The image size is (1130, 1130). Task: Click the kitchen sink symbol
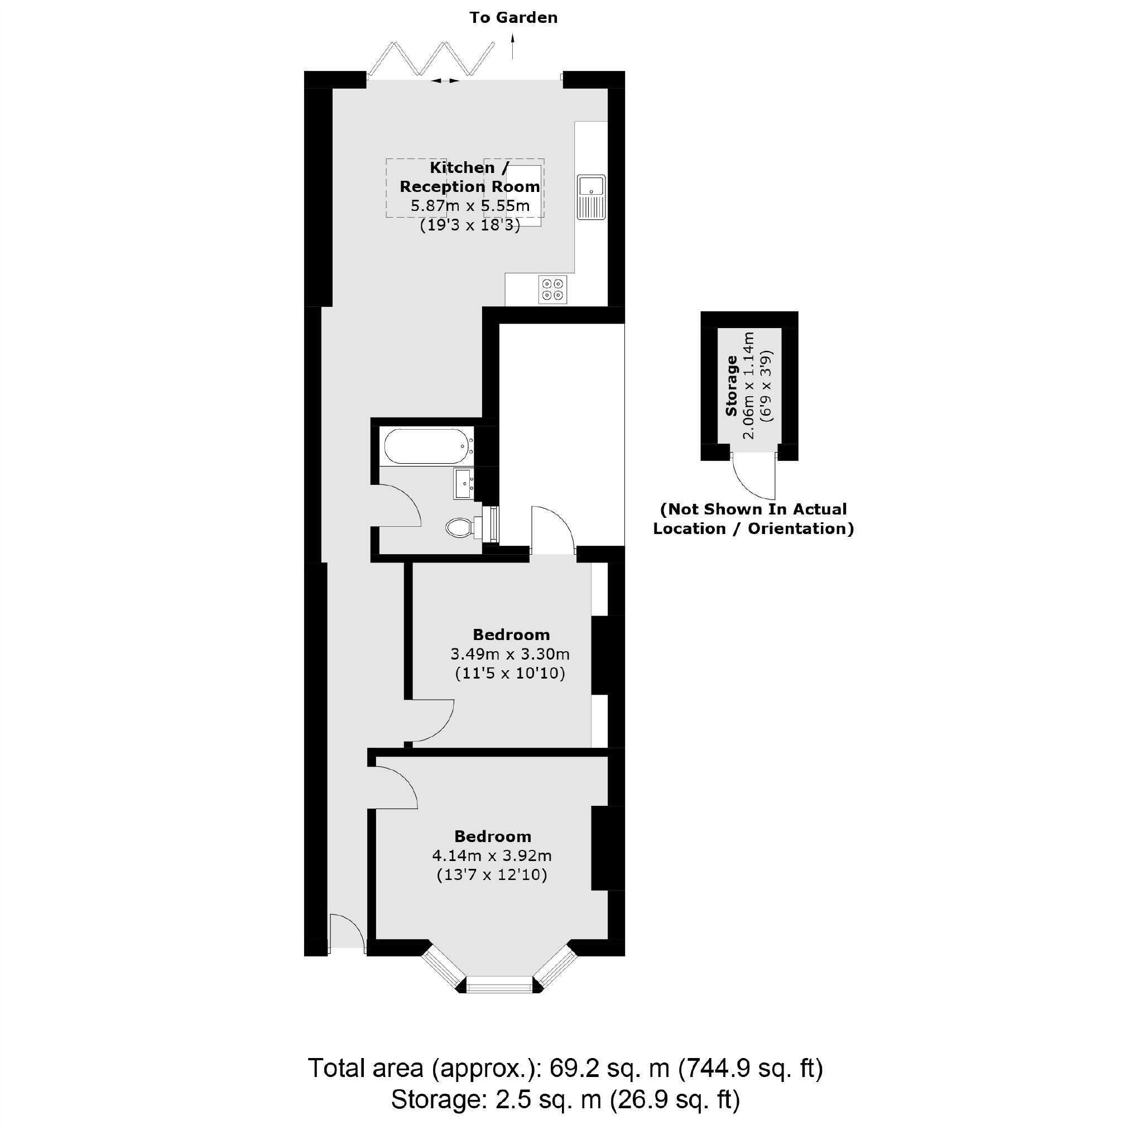[592, 197]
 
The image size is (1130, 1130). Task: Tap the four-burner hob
[552, 290]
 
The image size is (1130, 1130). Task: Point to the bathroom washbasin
[465, 484]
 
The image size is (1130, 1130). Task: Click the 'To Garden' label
[513, 17]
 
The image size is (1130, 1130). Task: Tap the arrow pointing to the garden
[513, 46]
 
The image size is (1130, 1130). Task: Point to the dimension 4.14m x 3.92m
[491, 855]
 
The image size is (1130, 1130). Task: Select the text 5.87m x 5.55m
[470, 206]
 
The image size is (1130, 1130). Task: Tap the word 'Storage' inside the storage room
[731, 386]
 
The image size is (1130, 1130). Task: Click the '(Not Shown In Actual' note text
[753, 509]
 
